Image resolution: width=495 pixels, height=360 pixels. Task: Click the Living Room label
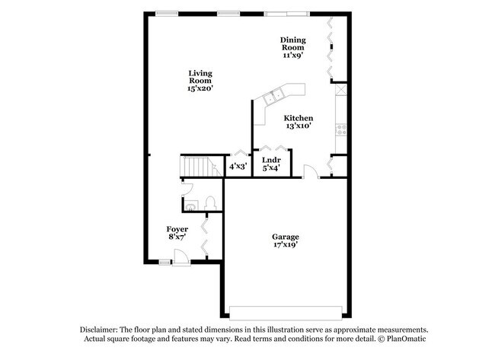pyautogui.click(x=200, y=77)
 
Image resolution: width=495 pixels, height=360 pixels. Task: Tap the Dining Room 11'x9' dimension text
pyautogui.click(x=293, y=56)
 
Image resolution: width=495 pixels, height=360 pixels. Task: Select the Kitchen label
pyautogui.click(x=299, y=118)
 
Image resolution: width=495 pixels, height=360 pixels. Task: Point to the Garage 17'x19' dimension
pyautogui.click(x=286, y=244)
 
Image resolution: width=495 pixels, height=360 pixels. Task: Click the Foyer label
pyautogui.click(x=177, y=229)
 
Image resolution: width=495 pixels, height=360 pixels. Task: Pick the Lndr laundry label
pyautogui.click(x=271, y=160)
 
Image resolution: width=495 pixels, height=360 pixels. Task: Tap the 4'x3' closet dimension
pyautogui.click(x=238, y=166)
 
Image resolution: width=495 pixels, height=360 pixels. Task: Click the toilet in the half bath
pyautogui.click(x=210, y=203)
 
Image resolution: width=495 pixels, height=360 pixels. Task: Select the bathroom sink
pyautogui.click(x=190, y=205)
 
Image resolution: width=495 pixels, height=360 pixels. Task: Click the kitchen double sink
pyautogui.click(x=273, y=96)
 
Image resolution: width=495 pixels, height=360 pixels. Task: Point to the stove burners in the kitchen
pyautogui.click(x=342, y=129)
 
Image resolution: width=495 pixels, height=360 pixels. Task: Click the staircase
pyautogui.click(x=201, y=166)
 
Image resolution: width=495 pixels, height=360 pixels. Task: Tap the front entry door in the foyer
pyautogui.click(x=181, y=257)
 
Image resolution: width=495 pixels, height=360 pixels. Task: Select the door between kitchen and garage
pyautogui.click(x=311, y=171)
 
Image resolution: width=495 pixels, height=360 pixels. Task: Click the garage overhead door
pyautogui.click(x=286, y=313)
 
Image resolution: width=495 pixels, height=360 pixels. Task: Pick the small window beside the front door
pyautogui.click(x=164, y=262)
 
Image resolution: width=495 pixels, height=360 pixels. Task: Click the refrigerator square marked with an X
pyautogui.click(x=341, y=89)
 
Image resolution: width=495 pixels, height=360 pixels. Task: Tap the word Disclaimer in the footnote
pyautogui.click(x=99, y=330)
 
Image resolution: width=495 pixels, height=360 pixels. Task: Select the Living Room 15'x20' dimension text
pyautogui.click(x=200, y=88)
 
